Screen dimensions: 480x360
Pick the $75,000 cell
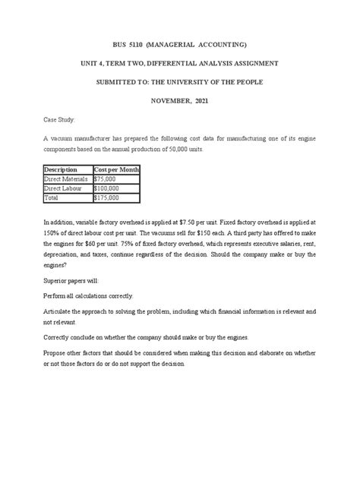(106, 178)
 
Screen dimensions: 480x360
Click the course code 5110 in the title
(146, 46)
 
